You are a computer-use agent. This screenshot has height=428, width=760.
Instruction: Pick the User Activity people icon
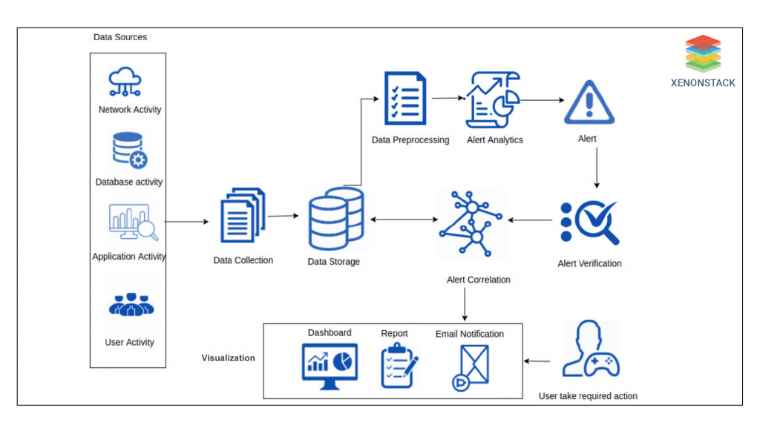[131, 304]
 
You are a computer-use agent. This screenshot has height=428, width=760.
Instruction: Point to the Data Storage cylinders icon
[335, 219]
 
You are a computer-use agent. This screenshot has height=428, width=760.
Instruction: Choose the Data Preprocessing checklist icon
[405, 99]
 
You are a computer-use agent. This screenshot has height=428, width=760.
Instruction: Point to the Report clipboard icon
[398, 365]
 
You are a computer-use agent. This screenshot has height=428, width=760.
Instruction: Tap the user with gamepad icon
[589, 352]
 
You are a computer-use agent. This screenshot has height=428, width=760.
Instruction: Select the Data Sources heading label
[120, 37]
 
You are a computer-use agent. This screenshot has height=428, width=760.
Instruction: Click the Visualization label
[229, 358]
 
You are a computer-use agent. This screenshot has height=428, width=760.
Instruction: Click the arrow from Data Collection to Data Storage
[283, 216]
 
